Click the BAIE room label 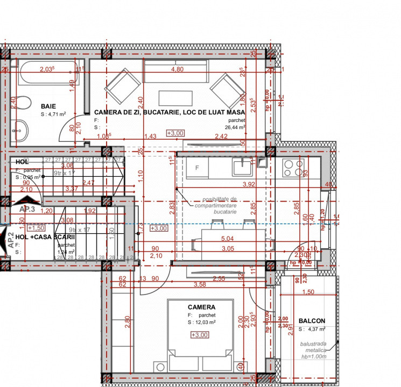point(48,106)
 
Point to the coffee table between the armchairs point(175,99)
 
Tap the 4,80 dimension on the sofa point(177,69)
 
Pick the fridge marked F point(197,168)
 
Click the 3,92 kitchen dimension point(249,184)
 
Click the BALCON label point(312,320)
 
